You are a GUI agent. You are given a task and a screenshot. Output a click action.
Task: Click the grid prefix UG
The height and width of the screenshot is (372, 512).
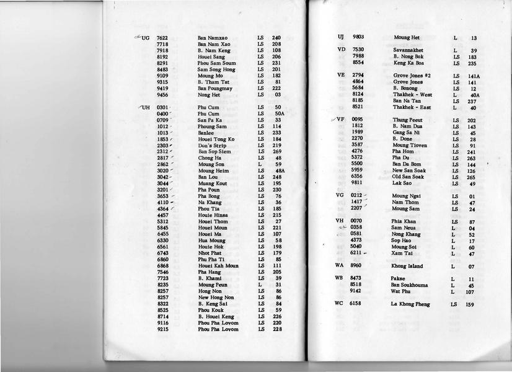[146, 38]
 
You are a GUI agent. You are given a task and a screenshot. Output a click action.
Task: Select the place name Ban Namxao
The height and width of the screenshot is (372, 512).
[213, 38]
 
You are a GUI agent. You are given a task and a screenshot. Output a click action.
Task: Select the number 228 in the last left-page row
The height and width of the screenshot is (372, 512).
[277, 329]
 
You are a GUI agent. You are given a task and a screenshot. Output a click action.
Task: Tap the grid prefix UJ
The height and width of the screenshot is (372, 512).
[341, 37]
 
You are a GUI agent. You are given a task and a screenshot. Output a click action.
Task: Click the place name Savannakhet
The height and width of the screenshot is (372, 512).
[412, 50]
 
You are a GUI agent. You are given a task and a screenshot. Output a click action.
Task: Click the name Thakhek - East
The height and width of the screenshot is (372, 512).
[412, 107]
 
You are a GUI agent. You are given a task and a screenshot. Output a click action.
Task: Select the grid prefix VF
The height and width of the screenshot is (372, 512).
[340, 120]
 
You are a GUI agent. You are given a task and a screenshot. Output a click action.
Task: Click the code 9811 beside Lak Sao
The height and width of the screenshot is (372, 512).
[358, 184]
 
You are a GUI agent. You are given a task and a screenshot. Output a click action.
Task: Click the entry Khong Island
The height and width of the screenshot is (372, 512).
[407, 267]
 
